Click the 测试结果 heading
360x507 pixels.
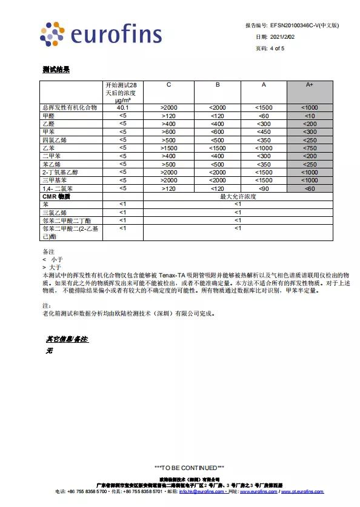point(56,70)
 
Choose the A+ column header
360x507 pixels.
point(309,85)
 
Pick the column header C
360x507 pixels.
point(168,85)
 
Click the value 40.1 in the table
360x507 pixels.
point(122,108)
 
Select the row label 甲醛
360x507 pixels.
point(48,116)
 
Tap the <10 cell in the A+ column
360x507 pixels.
point(309,116)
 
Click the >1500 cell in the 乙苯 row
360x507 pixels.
point(168,148)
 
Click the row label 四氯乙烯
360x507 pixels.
point(53,140)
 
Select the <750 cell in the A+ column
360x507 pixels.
point(309,148)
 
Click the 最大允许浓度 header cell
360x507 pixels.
point(238,197)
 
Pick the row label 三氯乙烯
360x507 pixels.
point(53,213)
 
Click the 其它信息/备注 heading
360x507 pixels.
point(67,339)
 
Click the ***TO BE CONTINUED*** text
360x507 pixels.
point(190,468)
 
